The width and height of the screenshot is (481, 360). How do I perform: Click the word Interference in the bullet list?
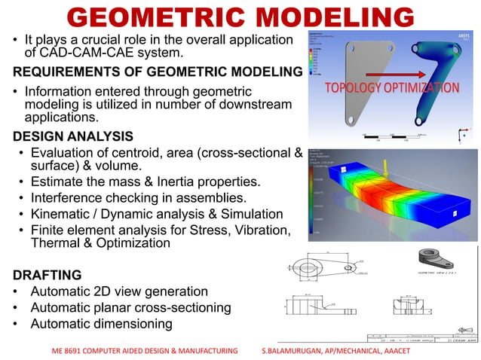point(66,198)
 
